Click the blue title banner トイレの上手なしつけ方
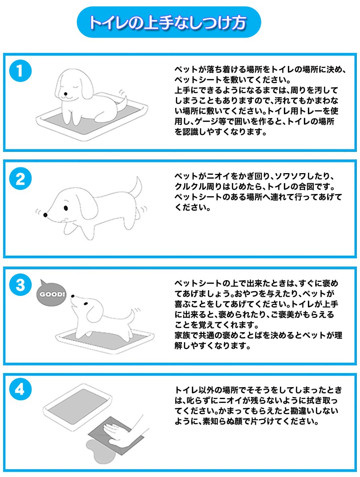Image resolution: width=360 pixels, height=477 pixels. click(x=168, y=22)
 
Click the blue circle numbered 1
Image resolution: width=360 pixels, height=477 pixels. click(x=20, y=71)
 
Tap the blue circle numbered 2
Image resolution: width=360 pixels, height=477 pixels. click(x=20, y=179)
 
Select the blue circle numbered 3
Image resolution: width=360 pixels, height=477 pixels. click(x=20, y=285)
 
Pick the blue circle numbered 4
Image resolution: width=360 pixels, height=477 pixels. click(x=20, y=389)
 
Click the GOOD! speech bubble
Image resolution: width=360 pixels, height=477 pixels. click(x=51, y=293)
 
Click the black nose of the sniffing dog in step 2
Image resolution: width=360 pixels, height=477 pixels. click(x=45, y=215)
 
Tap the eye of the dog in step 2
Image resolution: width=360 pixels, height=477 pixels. click(x=66, y=208)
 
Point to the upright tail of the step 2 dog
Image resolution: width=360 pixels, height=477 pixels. click(x=136, y=187)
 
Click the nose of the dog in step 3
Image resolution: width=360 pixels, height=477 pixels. click(x=73, y=296)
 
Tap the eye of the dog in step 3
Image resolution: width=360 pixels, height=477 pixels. click(x=86, y=303)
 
